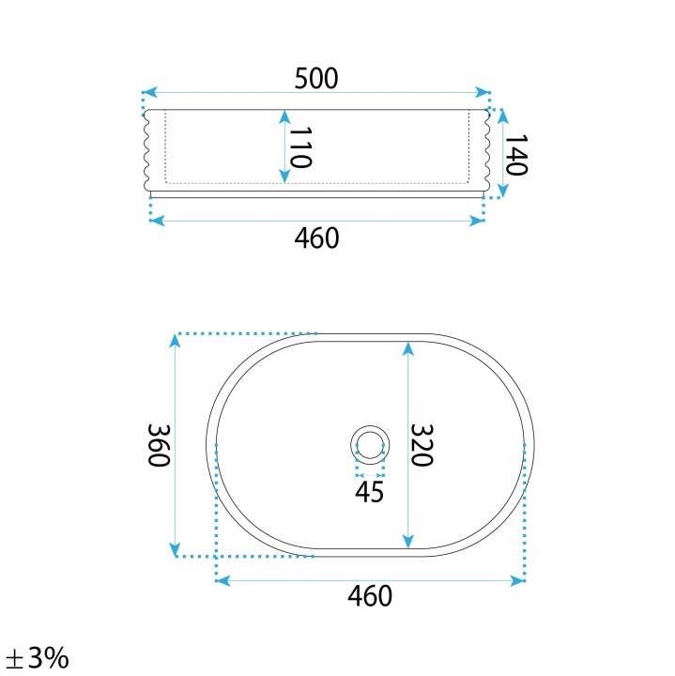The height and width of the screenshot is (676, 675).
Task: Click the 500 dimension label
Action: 316,79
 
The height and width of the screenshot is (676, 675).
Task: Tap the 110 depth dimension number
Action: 300,147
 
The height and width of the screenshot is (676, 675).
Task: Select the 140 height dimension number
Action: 516,155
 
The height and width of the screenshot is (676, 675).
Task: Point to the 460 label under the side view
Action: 316,238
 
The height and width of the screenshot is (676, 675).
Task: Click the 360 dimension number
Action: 159,445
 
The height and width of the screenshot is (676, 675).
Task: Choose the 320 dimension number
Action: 422,445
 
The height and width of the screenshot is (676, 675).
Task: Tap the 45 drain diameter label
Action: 369,492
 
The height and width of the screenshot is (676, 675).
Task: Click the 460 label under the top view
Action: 370,596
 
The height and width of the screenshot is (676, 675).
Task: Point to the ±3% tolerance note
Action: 38,657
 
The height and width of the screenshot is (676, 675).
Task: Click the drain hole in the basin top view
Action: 370,445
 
